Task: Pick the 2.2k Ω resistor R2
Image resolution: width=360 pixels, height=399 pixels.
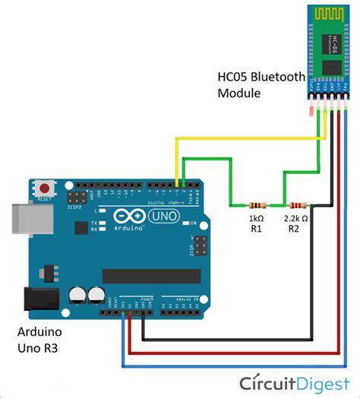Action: pos(295,205)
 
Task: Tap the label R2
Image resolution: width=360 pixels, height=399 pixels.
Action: pos(295,227)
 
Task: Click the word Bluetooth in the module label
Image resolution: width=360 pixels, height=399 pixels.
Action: pos(279,78)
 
